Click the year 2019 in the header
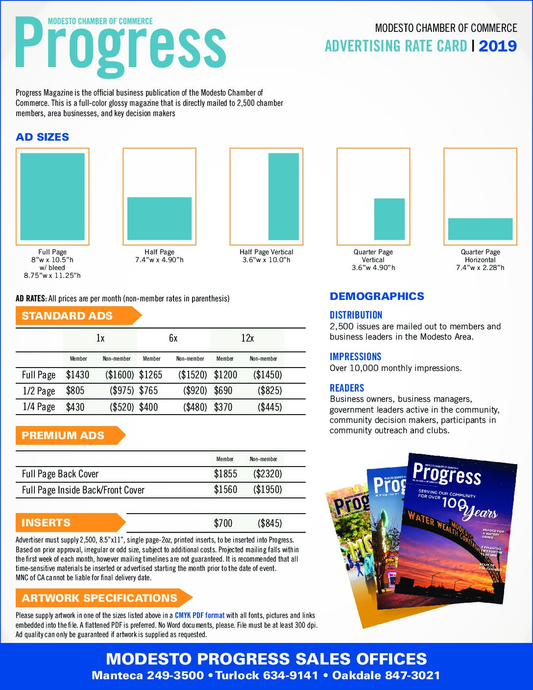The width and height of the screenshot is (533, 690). coord(497,46)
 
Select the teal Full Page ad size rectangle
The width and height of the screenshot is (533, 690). coord(52,196)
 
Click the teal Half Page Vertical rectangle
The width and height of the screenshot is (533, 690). coord(284,196)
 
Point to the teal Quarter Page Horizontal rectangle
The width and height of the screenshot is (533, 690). coord(480,229)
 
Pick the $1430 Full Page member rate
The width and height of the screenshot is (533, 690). coord(78,375)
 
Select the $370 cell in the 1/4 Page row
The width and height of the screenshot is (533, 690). coord(223,407)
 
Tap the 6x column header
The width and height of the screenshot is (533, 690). coord(173,338)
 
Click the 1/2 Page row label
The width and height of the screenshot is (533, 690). coord(39,391)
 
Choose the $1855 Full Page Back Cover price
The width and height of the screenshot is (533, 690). coord(225,474)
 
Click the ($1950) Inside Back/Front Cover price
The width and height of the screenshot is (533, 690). coord(267,490)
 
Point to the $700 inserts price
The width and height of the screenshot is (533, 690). coord(223,523)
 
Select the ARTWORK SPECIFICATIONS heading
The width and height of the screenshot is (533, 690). coord(100,598)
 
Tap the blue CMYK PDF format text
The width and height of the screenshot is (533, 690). coord(199,616)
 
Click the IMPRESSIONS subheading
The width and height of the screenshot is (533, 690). coord(355,357)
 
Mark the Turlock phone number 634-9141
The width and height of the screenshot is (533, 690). coord(291,676)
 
